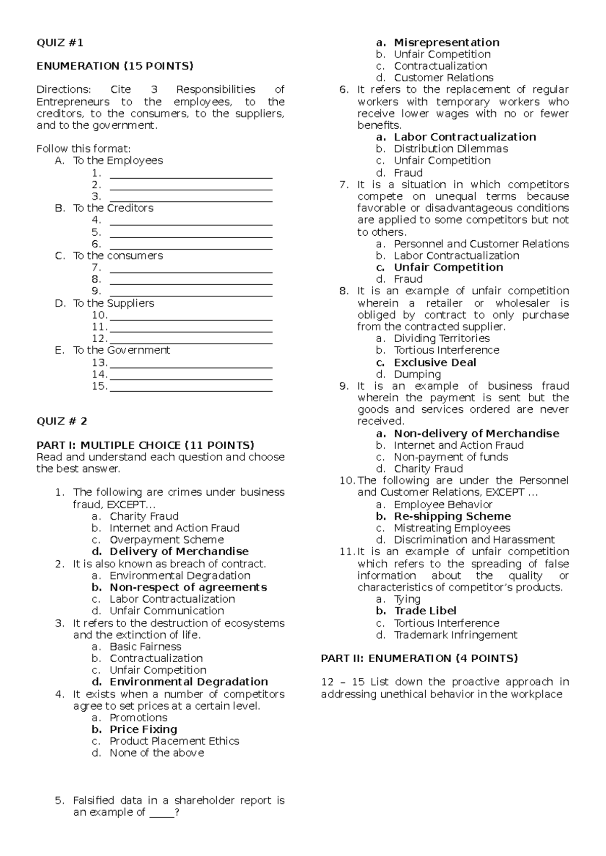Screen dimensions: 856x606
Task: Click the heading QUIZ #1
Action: coord(60,43)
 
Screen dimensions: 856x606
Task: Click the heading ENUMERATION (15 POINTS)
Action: coord(115,66)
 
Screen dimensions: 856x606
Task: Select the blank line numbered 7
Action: coord(191,268)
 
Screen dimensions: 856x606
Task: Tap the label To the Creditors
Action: coord(113,208)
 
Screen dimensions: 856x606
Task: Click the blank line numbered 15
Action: coord(191,387)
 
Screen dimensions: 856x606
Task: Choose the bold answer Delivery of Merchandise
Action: coord(179,552)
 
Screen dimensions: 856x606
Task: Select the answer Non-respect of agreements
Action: coord(188,587)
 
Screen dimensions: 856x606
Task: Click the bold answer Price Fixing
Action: coord(143,729)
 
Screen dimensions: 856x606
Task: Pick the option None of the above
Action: coord(157,753)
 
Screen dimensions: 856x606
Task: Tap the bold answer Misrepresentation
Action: coord(446,43)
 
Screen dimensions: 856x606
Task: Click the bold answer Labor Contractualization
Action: coord(465,137)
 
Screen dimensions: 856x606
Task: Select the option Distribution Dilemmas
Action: coord(450,149)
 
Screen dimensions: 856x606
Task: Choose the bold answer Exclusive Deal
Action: coord(435,363)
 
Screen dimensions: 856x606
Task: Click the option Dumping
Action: coord(417,375)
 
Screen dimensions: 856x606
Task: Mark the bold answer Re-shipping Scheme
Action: coord(452,516)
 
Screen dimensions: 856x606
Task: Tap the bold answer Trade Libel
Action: coord(425,611)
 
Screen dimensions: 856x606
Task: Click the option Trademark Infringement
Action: coord(456,635)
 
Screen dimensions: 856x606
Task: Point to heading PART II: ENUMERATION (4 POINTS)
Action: coord(419,659)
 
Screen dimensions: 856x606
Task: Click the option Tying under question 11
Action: coord(407,599)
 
